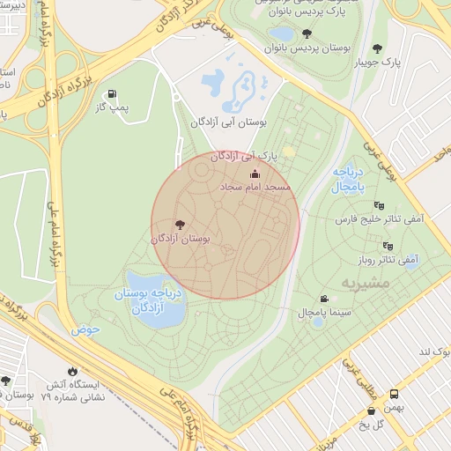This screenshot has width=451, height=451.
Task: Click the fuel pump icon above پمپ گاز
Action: click(112, 94)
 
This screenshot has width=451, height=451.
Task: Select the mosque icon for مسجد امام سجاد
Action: click(255, 174)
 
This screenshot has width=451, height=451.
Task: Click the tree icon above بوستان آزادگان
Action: click(181, 225)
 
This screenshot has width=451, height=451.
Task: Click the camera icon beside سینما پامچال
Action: click(324, 299)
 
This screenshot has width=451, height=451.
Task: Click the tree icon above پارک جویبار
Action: click(378, 48)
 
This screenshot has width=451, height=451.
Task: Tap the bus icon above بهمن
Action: click(394, 395)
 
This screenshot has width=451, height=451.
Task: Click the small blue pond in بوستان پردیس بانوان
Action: click(282, 33)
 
